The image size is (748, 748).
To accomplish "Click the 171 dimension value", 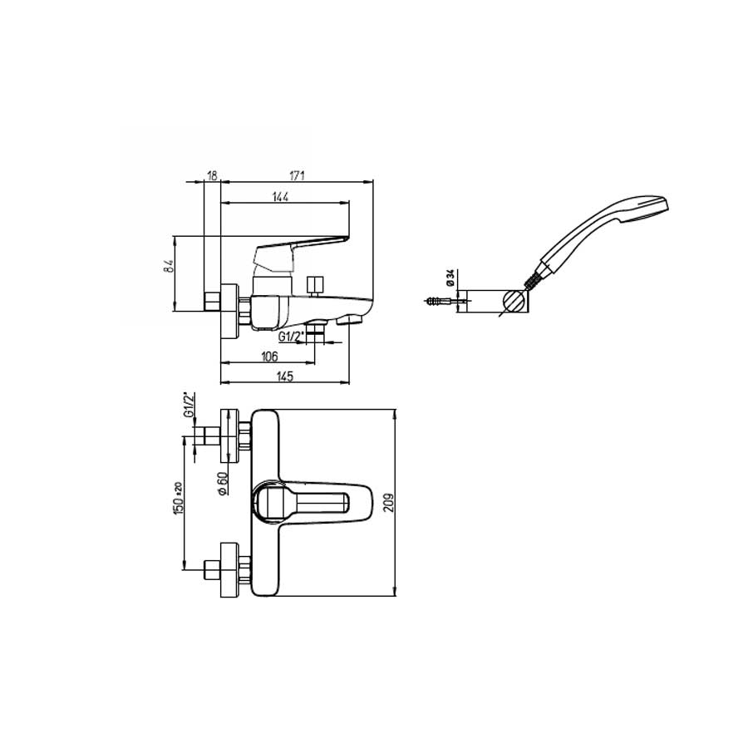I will (298, 175).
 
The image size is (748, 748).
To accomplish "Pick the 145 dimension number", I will (284, 376).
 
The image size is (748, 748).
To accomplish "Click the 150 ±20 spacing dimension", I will (177, 498).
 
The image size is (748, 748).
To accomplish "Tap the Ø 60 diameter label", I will (222, 484).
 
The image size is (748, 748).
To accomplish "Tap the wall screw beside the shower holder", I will (438, 301).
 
